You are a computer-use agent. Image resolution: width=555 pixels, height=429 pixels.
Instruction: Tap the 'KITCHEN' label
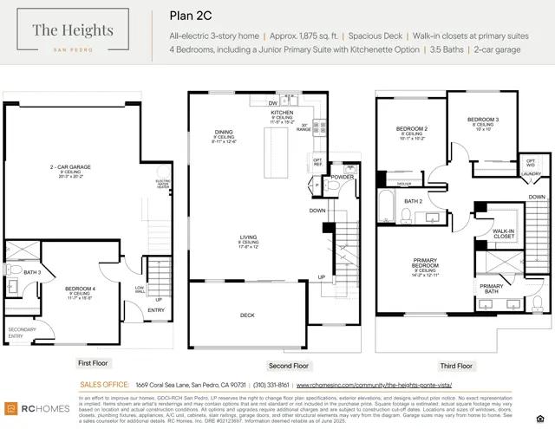pyautogui.click(x=283, y=114)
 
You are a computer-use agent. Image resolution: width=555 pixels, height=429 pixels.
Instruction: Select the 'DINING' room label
pyautogui.click(x=224, y=132)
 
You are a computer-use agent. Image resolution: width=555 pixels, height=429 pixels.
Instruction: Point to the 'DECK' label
pyautogui.click(x=247, y=315)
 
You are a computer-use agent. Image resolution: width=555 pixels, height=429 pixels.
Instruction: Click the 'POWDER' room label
pyautogui.click(x=343, y=176)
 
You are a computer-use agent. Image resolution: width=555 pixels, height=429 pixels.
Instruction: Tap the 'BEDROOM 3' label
pyautogui.click(x=483, y=120)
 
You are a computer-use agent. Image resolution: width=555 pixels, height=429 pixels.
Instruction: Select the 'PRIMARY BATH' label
pyautogui.click(x=491, y=289)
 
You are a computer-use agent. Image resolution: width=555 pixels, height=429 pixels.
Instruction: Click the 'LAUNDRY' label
pyautogui.click(x=530, y=173)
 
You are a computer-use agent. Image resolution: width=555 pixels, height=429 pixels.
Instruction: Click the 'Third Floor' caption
pyautogui.click(x=456, y=366)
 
